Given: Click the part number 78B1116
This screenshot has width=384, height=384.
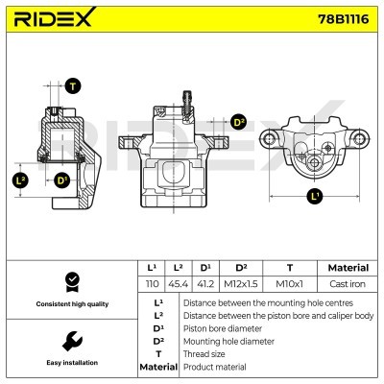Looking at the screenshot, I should (340, 20).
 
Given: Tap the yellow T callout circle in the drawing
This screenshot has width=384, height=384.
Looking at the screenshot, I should (73, 86).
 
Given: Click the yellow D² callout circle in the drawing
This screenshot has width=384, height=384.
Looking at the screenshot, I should (239, 122).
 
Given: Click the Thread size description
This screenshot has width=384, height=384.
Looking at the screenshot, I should (204, 353).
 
